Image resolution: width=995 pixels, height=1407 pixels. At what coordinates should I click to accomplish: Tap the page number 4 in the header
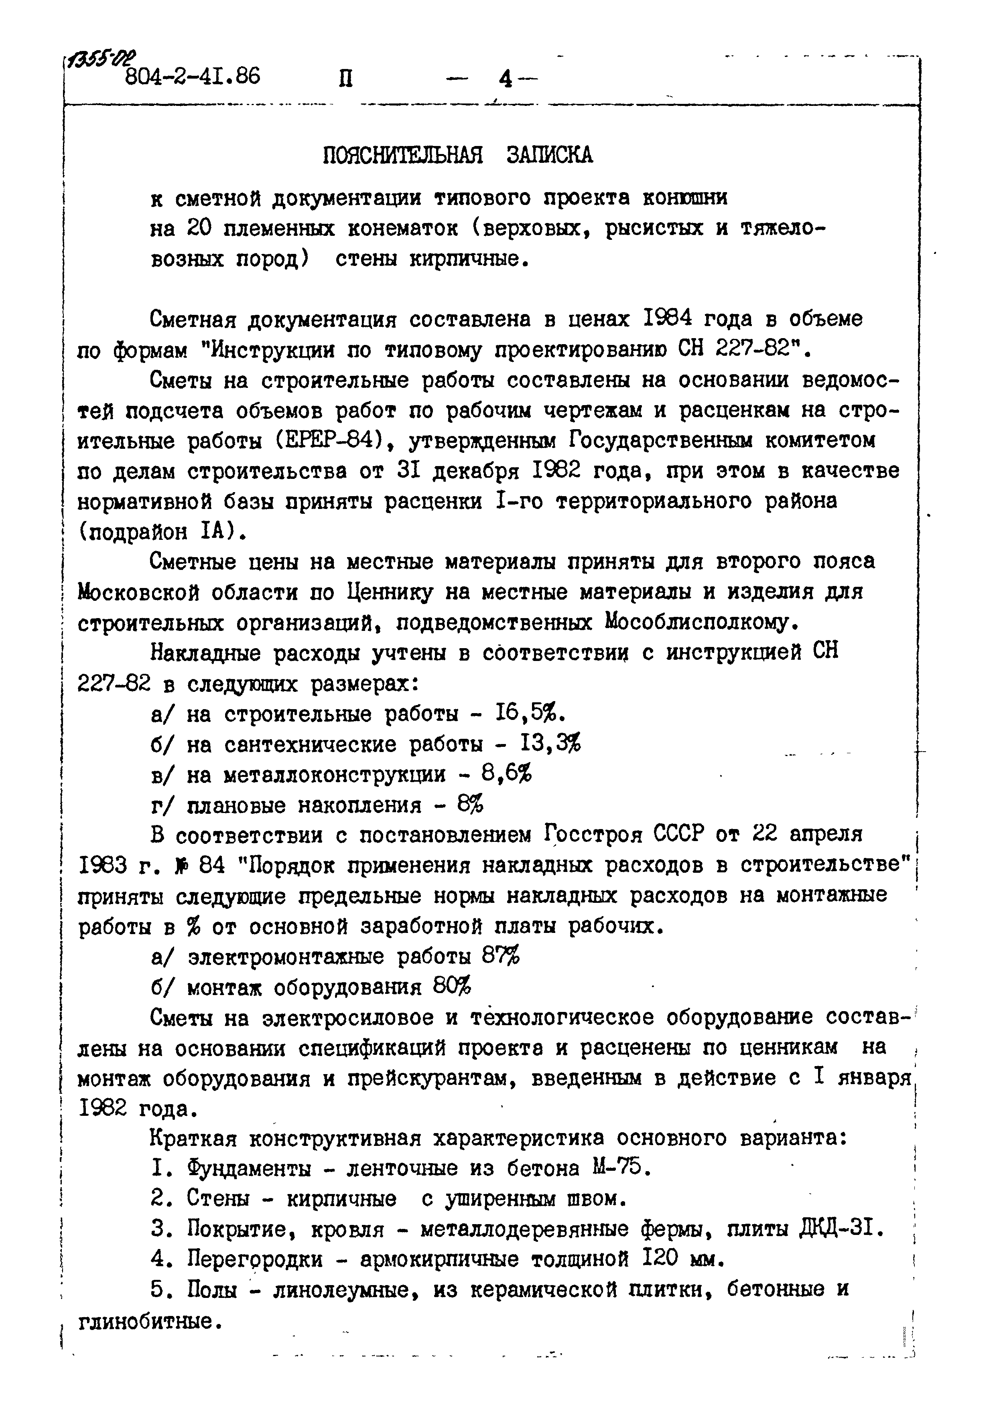tap(506, 79)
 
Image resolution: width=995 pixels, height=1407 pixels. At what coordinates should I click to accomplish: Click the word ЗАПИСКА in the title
tap(550, 156)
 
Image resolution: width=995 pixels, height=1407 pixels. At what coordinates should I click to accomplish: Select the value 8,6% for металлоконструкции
tap(506, 774)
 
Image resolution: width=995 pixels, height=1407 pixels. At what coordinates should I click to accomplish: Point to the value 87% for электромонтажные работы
tap(500, 957)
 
